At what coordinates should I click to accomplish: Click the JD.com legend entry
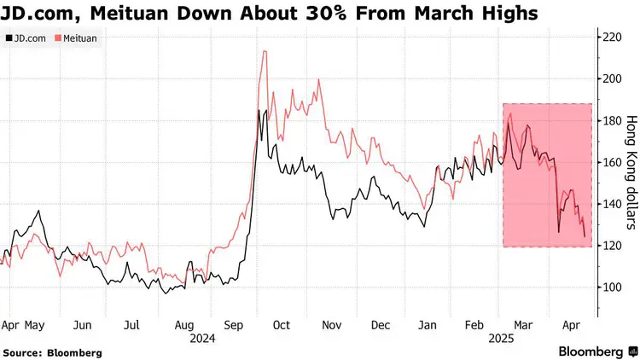click(28, 38)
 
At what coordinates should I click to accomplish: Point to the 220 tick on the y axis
click(612, 38)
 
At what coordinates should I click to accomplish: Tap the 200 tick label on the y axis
click(612, 79)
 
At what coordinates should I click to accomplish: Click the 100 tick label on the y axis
click(612, 287)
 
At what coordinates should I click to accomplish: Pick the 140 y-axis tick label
click(612, 204)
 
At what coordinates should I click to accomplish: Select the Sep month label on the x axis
click(232, 325)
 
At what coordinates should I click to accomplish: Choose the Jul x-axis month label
click(132, 325)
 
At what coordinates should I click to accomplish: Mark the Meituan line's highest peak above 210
click(265, 51)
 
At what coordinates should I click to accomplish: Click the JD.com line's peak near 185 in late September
click(259, 110)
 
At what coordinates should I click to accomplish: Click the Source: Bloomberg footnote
click(52, 352)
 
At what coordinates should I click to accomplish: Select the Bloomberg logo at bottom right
click(596, 351)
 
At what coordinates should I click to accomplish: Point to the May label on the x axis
click(34, 325)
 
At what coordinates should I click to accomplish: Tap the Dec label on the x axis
click(381, 325)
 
